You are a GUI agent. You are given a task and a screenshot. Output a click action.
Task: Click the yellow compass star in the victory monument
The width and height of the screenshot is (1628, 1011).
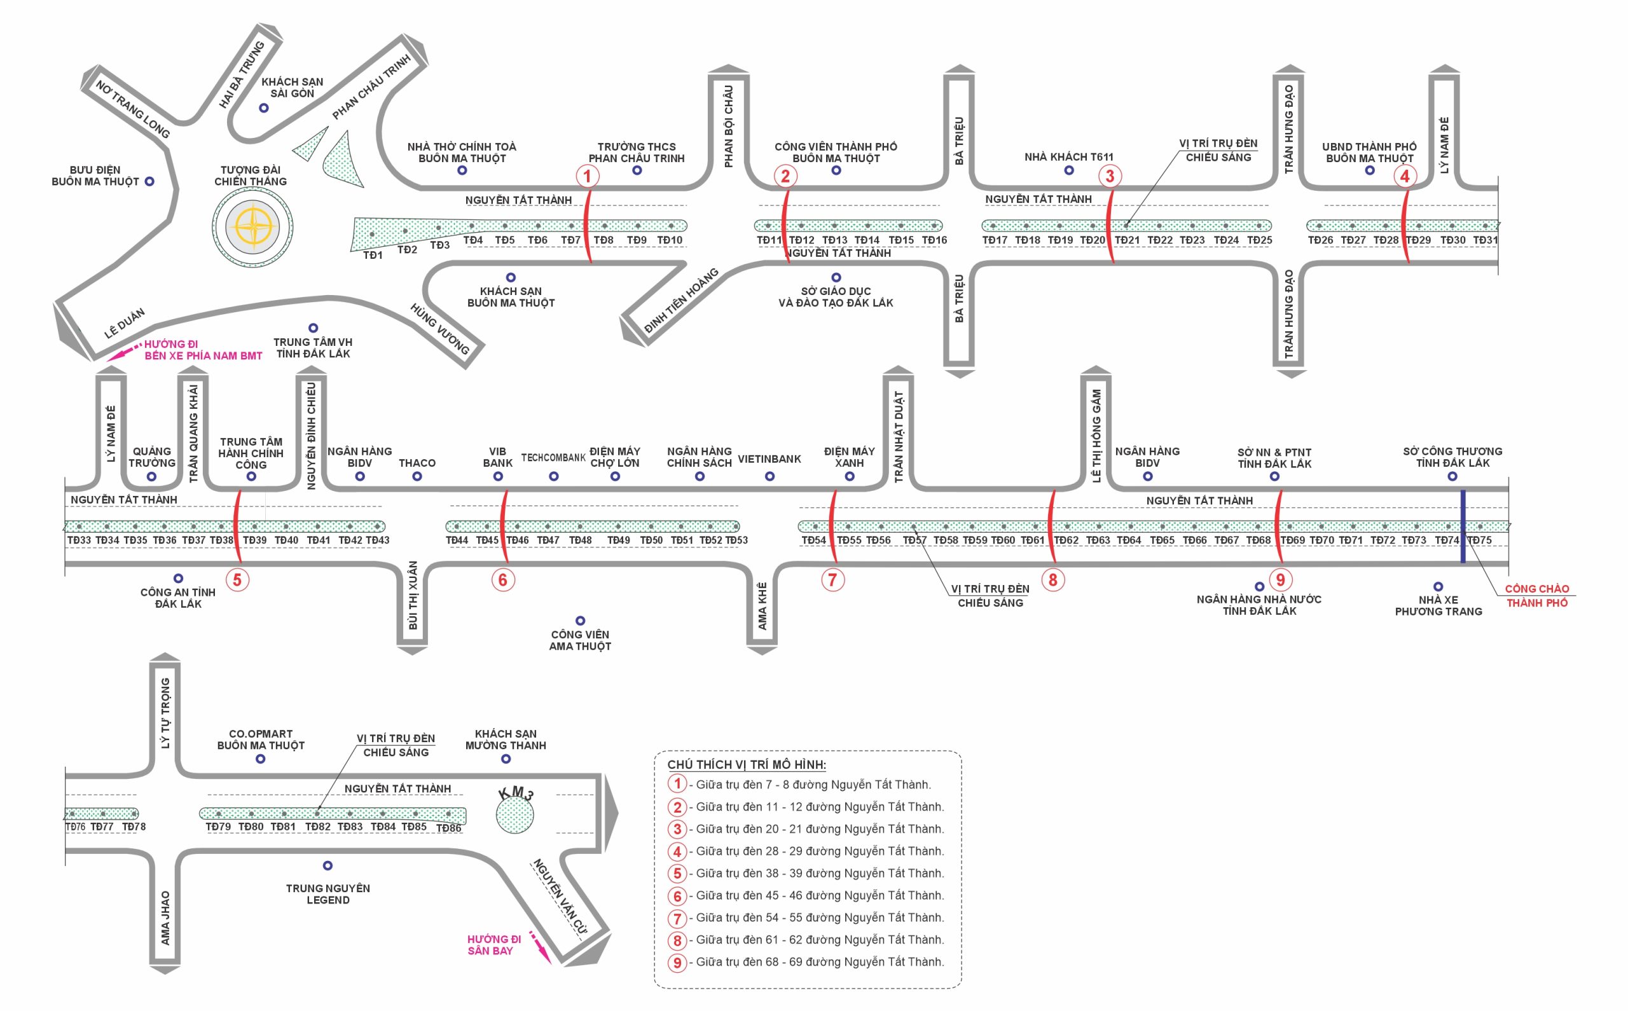252,225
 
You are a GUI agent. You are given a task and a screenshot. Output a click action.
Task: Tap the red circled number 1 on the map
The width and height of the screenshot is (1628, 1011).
587,177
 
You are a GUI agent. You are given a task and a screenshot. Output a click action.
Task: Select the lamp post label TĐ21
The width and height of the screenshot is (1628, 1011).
1126,240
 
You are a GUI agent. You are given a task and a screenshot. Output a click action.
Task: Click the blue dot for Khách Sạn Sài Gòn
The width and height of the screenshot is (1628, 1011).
264,108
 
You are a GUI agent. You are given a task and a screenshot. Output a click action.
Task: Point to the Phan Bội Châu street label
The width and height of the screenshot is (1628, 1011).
728,127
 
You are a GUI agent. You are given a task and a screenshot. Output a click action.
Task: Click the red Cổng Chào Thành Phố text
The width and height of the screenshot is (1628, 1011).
1536,596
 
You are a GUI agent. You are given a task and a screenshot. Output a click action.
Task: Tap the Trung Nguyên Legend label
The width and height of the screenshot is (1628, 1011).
328,894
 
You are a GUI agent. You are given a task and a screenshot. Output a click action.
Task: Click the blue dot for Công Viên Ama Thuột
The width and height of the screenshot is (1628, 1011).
581,621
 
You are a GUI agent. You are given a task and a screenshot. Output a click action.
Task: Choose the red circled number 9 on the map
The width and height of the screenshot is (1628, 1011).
1280,580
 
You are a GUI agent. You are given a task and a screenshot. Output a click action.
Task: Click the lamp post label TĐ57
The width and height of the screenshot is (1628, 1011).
914,540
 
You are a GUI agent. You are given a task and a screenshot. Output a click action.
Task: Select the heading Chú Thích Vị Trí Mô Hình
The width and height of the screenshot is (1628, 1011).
746,765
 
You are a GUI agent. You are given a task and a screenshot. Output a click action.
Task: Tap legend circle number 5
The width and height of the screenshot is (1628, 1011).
677,873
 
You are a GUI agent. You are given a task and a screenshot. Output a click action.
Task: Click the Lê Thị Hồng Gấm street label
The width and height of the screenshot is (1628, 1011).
1096,436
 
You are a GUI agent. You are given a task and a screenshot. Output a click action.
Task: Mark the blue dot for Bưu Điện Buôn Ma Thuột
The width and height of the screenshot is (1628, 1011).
149,182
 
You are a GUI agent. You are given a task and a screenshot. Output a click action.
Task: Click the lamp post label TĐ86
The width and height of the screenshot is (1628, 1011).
448,829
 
